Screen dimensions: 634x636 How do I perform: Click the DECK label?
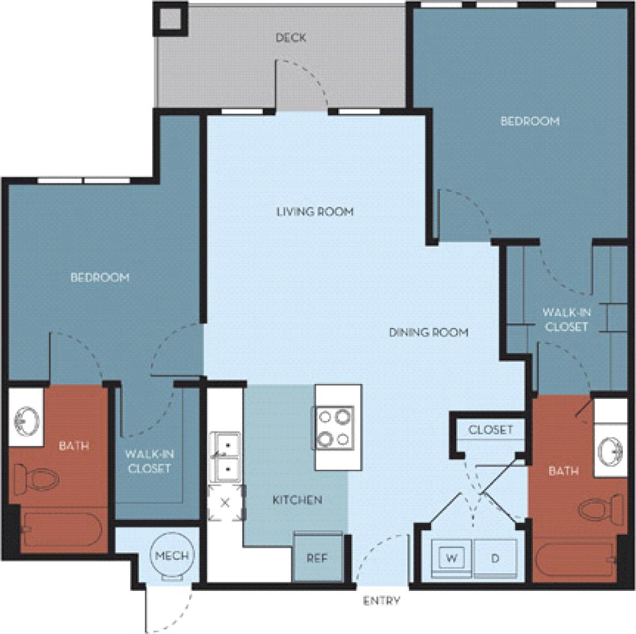click(x=290, y=38)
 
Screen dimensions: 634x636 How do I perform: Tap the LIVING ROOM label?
click(x=315, y=211)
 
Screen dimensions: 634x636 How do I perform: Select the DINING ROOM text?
click(x=429, y=332)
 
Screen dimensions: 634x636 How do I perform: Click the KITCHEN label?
click(x=298, y=499)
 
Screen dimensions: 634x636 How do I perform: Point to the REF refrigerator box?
click(x=317, y=558)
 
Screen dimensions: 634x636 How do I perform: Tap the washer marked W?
click(x=452, y=558)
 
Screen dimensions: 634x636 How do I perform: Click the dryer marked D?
click(x=495, y=558)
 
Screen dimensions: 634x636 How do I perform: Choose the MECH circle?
click(x=172, y=557)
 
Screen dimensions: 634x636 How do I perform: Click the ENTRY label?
click(x=382, y=601)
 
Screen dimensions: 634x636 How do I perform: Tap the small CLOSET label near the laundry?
click(x=491, y=429)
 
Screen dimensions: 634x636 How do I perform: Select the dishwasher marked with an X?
click(x=225, y=503)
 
